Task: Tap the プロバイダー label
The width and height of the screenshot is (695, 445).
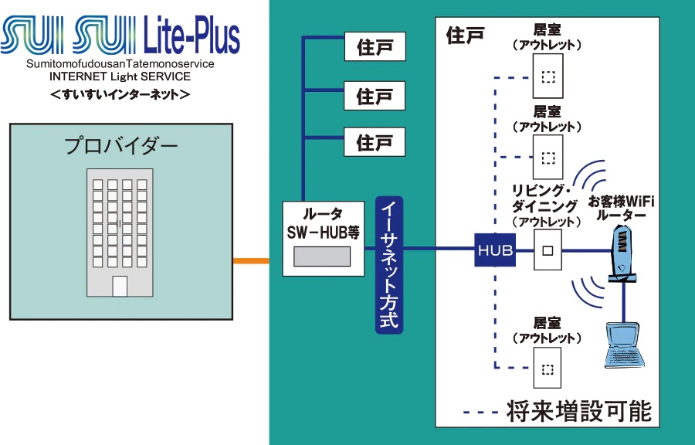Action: point(120,145)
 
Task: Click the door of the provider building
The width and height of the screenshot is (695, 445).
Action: point(120,286)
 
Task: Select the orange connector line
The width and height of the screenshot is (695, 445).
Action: point(251,261)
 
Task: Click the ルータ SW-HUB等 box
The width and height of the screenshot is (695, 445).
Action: point(322,238)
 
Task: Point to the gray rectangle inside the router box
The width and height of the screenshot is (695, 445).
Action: point(322,256)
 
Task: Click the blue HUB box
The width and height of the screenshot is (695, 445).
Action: point(495,250)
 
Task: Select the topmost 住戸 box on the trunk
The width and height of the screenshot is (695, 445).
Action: point(375,48)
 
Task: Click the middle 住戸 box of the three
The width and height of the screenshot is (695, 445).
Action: point(375,96)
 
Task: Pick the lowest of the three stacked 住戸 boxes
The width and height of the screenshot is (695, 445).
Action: point(375,143)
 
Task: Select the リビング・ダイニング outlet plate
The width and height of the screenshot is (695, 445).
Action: point(548,250)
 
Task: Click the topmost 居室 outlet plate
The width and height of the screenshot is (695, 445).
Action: point(548,77)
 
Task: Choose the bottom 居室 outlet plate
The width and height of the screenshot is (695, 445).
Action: point(548,369)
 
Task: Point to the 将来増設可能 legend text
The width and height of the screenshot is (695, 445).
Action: point(578,410)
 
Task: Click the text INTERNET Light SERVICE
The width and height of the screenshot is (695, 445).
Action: point(120,76)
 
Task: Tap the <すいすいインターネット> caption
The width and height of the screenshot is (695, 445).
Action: point(120,94)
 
